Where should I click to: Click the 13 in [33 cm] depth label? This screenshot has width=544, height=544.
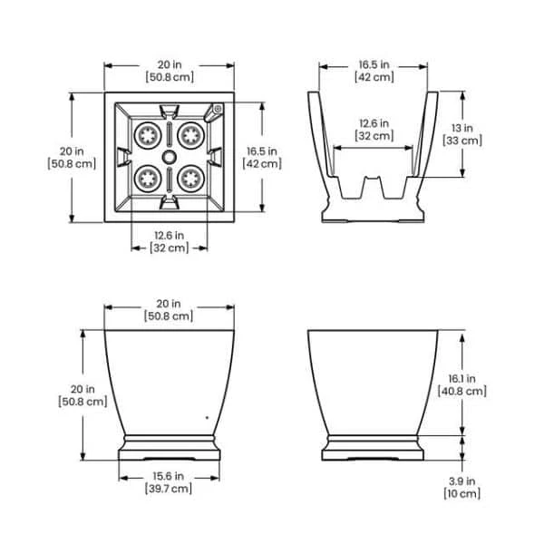[462, 134]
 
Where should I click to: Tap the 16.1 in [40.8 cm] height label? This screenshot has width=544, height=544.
[461, 385]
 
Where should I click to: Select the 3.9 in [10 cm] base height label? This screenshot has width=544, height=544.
[461, 488]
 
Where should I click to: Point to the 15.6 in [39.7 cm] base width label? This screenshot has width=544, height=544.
[169, 482]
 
